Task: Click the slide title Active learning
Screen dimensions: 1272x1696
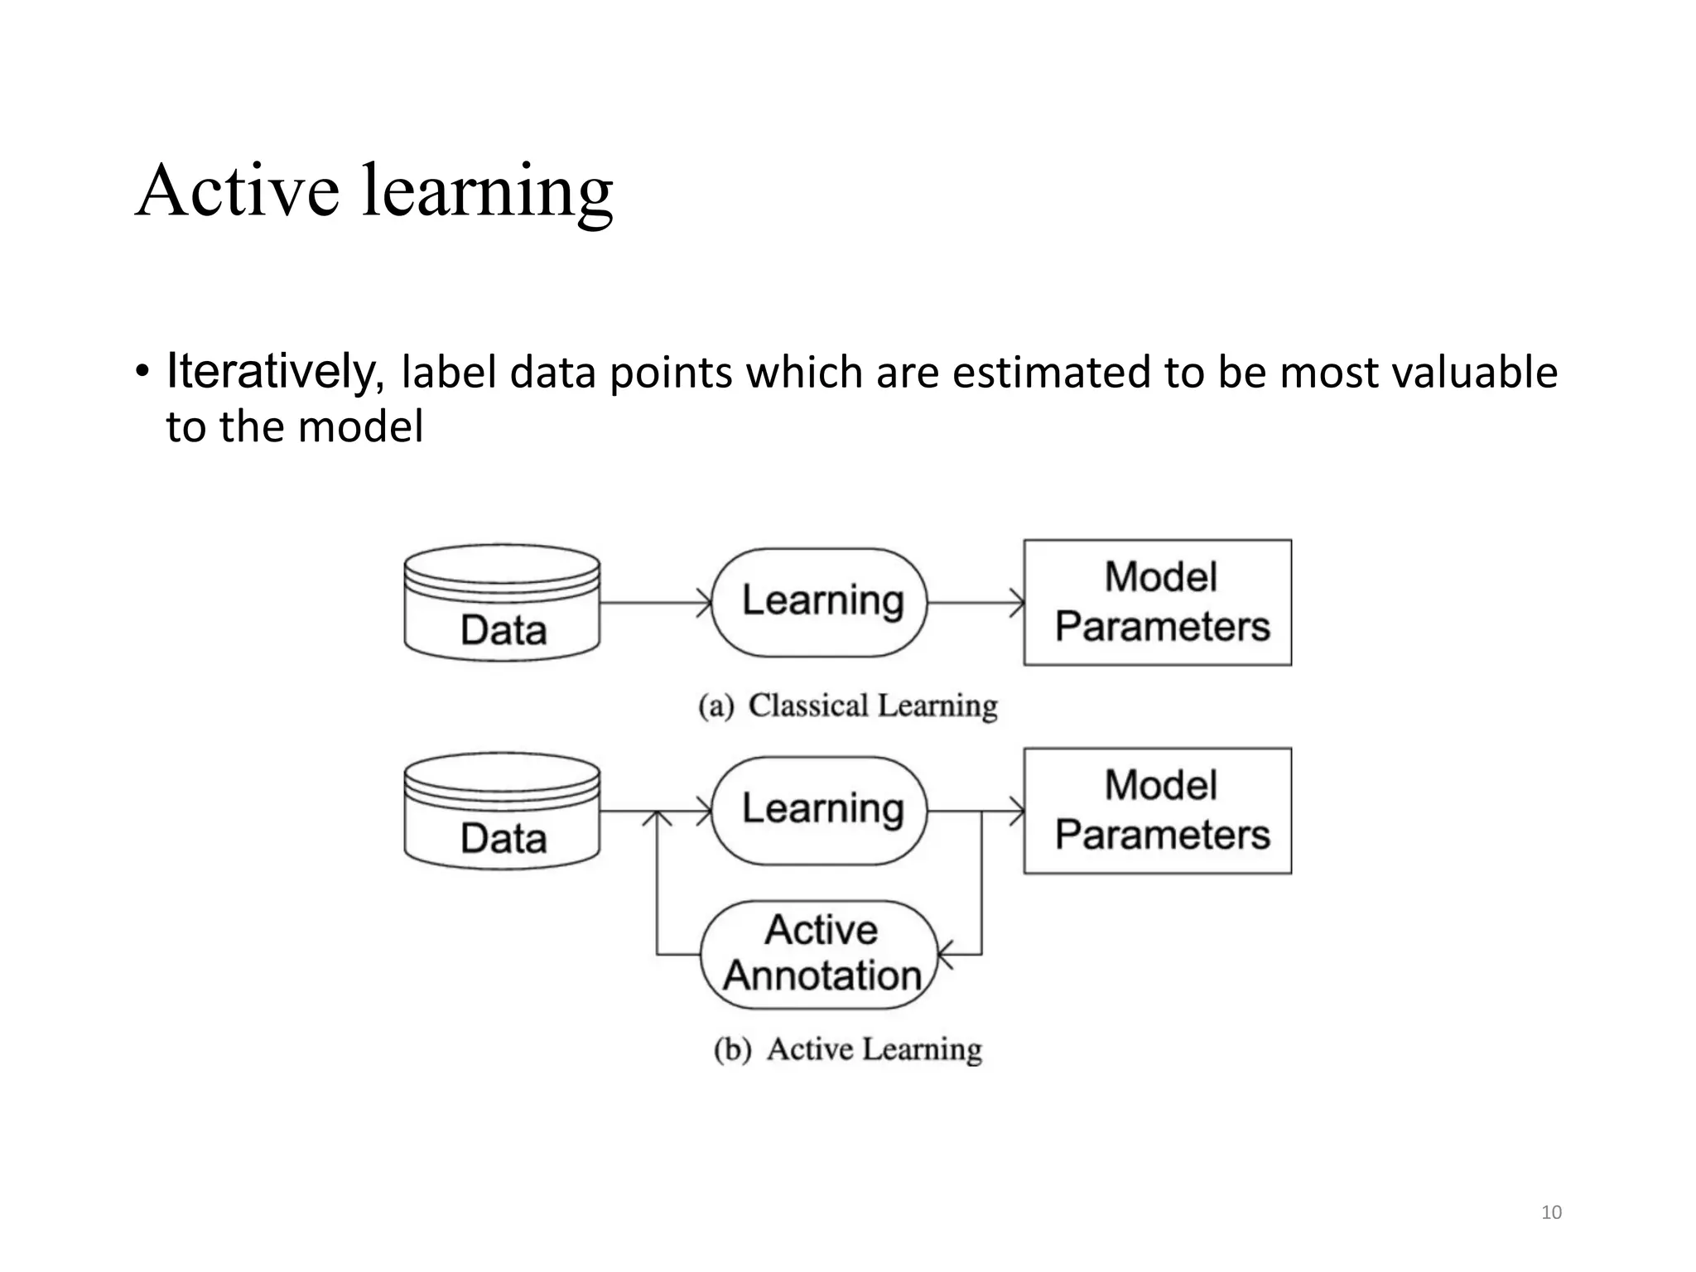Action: [x=373, y=191]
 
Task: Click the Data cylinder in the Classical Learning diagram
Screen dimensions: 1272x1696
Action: [x=502, y=604]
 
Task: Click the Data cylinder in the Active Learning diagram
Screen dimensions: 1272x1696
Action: [x=502, y=812]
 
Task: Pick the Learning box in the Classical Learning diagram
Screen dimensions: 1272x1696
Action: [x=820, y=602]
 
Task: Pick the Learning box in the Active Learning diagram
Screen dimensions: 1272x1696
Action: [x=820, y=810]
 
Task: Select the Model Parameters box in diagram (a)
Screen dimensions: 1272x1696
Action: [x=1157, y=602]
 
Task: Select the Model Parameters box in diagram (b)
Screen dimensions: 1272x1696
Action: [x=1157, y=811]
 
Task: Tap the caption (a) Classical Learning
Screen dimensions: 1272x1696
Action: [x=847, y=706]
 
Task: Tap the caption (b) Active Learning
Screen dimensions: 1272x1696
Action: [x=847, y=1049]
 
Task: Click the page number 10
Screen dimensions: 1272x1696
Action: [x=1550, y=1212]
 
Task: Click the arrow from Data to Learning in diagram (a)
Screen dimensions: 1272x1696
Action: [x=654, y=603]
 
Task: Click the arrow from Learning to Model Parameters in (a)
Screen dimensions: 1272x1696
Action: [x=975, y=603]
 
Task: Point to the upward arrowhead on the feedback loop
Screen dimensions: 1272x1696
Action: [x=658, y=818]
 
